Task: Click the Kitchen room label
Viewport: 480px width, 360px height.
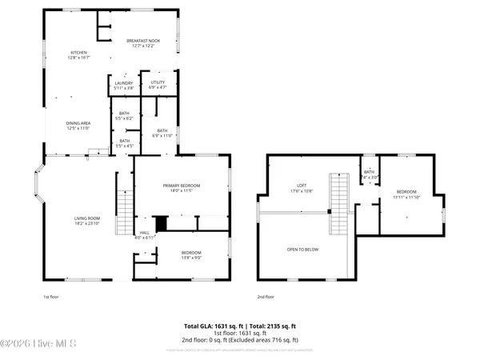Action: [78, 54]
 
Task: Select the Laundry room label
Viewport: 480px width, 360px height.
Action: [123, 85]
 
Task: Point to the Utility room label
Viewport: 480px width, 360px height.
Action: [157, 85]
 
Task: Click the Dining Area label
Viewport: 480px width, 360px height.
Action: [78, 126]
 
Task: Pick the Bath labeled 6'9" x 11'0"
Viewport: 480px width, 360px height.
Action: [162, 133]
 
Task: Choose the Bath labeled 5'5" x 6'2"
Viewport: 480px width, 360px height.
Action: [124, 115]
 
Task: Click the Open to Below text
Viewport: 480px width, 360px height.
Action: [302, 250]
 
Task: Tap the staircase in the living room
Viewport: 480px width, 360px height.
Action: [124, 213]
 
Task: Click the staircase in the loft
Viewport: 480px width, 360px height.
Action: [341, 204]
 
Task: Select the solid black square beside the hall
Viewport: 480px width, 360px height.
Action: [161, 224]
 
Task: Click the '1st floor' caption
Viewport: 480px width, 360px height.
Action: [51, 297]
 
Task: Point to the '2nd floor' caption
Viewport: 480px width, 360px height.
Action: [266, 297]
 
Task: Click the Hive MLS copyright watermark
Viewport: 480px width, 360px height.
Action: [38, 345]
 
